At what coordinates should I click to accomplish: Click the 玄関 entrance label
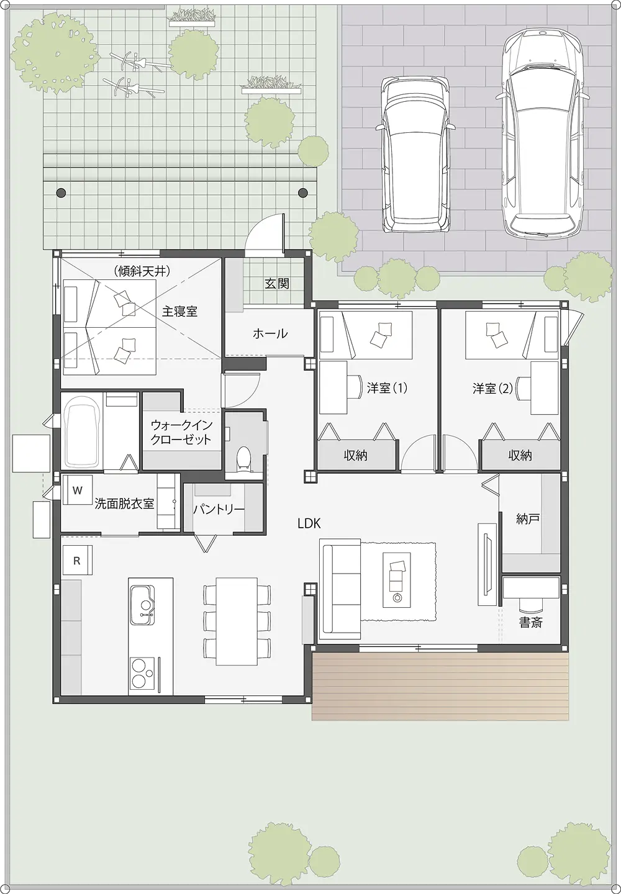(x=276, y=284)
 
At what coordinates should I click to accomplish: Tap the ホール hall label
(x=270, y=333)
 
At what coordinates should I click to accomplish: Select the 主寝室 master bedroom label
(x=179, y=311)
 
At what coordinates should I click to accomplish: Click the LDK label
(x=309, y=523)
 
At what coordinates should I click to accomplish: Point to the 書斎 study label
(x=531, y=622)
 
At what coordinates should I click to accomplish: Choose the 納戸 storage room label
(x=528, y=519)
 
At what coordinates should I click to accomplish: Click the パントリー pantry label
(x=219, y=510)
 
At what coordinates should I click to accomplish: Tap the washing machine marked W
(x=78, y=490)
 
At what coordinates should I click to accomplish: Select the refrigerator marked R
(x=77, y=561)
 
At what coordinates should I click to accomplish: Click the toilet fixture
(x=243, y=458)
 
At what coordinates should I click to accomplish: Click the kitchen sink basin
(x=142, y=605)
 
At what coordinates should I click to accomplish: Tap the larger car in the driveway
(x=542, y=133)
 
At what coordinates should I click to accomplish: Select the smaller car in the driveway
(x=415, y=154)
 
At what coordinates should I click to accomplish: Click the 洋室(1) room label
(x=387, y=388)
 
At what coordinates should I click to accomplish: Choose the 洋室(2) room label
(x=492, y=389)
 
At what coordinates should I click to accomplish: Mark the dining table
(x=237, y=621)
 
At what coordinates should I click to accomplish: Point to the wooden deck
(x=440, y=686)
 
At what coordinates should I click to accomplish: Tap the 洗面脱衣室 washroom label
(x=124, y=503)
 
